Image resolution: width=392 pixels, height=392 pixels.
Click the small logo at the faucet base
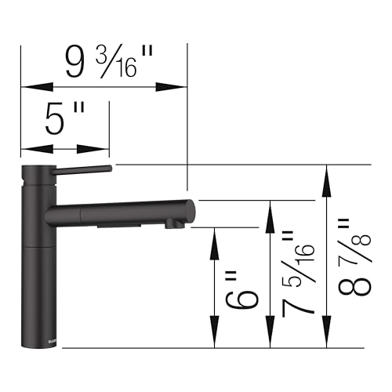click(x=31, y=339)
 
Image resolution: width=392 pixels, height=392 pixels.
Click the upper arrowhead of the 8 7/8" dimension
click(x=327, y=175)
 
